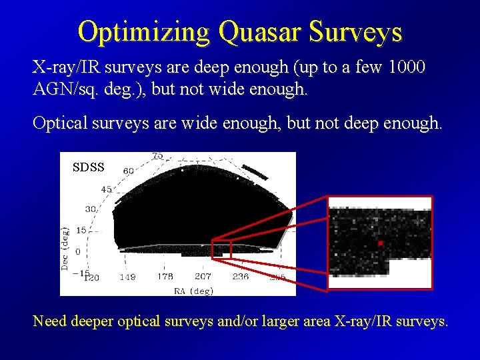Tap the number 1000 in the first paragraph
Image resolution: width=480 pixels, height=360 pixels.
405,67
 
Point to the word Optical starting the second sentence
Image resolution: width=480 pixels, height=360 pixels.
61,123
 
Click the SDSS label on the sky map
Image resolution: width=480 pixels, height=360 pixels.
88,167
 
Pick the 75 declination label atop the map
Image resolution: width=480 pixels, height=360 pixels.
157,156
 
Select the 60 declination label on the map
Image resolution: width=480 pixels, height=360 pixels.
129,171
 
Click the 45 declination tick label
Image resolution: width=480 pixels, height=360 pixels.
107,189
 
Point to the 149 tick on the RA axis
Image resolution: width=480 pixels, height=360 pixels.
128,277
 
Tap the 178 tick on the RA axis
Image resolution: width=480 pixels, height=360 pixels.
165,277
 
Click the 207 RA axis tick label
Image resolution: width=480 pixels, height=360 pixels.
203,277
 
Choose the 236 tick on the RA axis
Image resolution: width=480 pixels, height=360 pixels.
241,277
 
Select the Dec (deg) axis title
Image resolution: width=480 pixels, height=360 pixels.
66,247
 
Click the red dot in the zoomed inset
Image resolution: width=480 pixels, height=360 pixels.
381,243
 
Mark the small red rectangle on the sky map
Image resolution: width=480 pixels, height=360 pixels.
221,249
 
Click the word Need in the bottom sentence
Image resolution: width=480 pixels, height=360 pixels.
49,321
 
